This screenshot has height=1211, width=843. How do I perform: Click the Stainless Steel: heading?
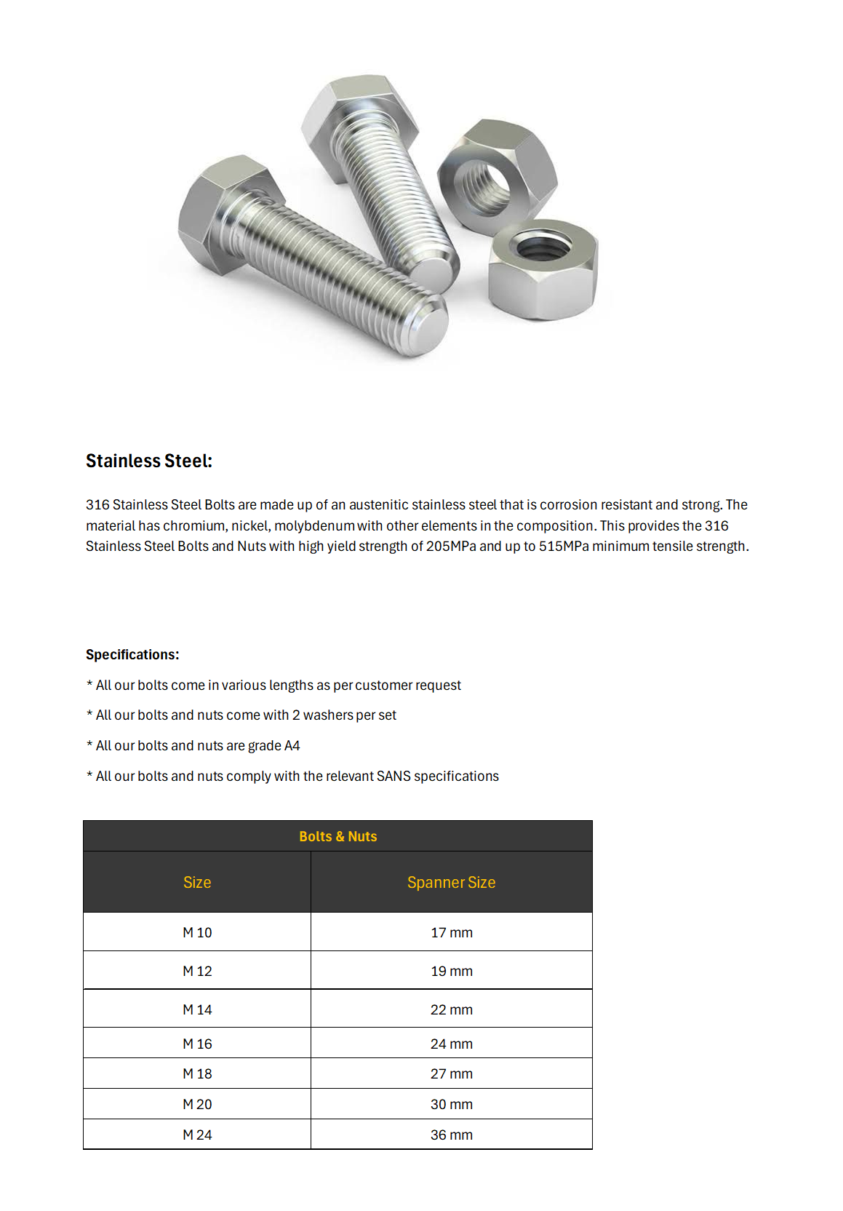(148, 461)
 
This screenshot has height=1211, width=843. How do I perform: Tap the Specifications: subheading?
(132, 654)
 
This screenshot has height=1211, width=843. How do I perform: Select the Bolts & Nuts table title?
(337, 836)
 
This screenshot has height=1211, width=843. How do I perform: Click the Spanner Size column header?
(451, 882)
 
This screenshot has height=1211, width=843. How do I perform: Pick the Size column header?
(197, 882)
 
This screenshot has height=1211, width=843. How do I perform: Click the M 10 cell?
(197, 932)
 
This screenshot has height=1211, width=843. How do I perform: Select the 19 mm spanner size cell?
(451, 971)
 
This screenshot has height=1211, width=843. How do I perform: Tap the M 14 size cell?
(197, 1009)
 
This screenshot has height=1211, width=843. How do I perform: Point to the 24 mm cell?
(451, 1044)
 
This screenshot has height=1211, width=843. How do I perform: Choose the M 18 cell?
(197, 1073)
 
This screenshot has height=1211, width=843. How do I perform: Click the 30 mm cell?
(451, 1104)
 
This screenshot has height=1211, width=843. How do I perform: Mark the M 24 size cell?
(197, 1135)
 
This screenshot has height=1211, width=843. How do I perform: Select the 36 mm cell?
(451, 1135)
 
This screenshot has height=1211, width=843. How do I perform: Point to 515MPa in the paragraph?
(564, 546)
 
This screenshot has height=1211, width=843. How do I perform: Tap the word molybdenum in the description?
(314, 525)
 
